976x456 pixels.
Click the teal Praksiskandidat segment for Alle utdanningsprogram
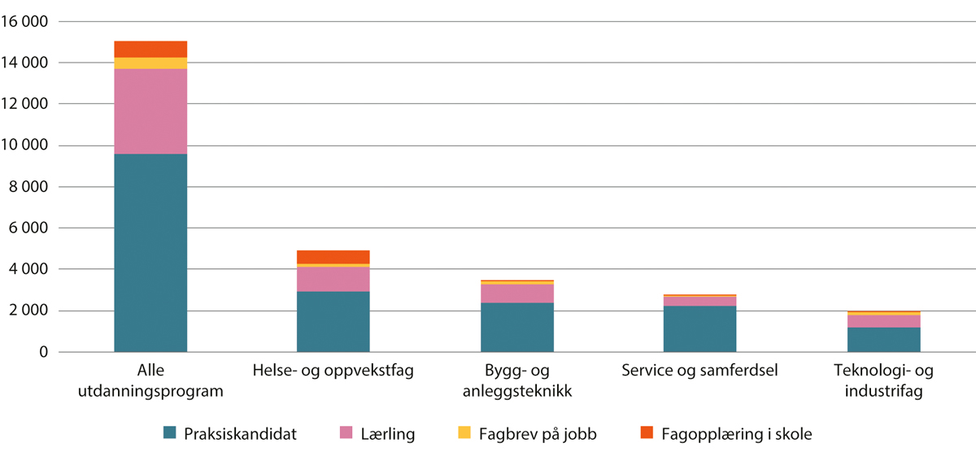pyautogui.click(x=150, y=253)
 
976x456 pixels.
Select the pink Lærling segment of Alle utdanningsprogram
pyautogui.click(x=150, y=111)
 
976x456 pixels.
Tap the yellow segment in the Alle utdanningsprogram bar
pyautogui.click(x=150, y=63)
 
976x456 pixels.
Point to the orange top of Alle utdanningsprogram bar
pyautogui.click(x=150, y=49)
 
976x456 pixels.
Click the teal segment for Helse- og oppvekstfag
pyautogui.click(x=333, y=322)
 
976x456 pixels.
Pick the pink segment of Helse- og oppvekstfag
pyautogui.click(x=333, y=279)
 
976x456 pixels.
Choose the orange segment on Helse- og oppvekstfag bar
pyautogui.click(x=333, y=257)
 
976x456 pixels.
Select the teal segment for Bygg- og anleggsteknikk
pyautogui.click(x=516, y=328)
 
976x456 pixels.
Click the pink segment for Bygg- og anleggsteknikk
pyautogui.click(x=516, y=293)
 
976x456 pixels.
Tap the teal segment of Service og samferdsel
pyautogui.click(x=699, y=329)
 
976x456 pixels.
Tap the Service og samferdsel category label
pyautogui.click(x=699, y=371)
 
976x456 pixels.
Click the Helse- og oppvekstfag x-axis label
pyautogui.click(x=333, y=371)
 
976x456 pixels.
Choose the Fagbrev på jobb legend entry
pyautogui.click(x=550, y=434)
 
